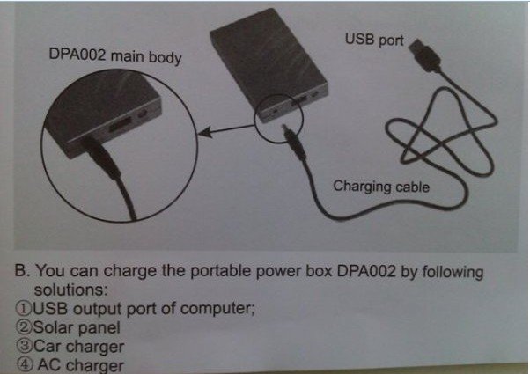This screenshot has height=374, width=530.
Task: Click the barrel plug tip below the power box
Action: [285, 133]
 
